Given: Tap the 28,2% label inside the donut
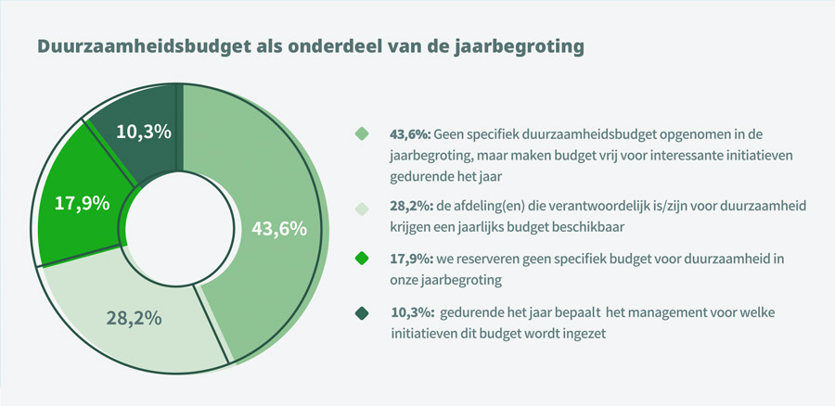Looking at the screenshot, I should coord(134,317).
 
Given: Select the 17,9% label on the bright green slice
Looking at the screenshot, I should coord(82,202).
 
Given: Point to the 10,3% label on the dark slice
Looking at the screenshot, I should coord(143,132).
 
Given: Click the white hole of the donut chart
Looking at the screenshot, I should coord(176,227).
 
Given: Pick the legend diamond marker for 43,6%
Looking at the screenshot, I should coord(362,134).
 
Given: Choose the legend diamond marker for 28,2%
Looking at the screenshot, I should coord(362,207).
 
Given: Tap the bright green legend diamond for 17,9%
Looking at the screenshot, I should coord(362,260).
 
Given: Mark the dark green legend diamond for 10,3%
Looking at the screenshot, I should coord(362,313).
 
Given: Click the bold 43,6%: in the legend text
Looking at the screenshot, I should coord(411,134).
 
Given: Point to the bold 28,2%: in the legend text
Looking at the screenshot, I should coord(411,207).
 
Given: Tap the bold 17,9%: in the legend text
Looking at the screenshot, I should coord(411,260).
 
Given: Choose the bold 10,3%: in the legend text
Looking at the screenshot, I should coord(411,313).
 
